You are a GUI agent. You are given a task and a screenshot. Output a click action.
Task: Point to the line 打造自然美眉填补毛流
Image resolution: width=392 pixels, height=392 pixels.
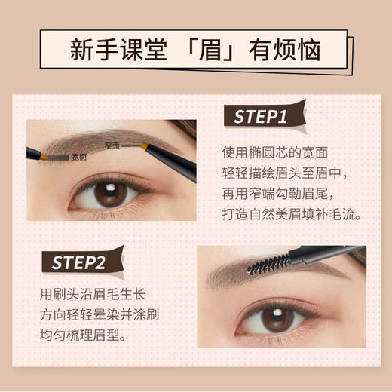(293, 215)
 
